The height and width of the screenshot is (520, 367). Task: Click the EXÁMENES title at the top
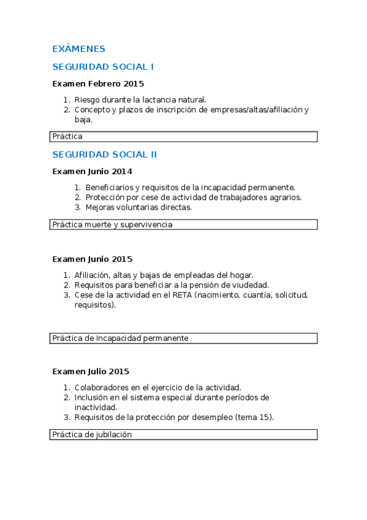pos(78,49)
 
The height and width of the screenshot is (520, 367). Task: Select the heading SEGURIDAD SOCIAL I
pos(103,67)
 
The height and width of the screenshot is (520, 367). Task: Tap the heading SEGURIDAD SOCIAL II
pos(105,155)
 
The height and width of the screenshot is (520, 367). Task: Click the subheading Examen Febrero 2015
pos(98,83)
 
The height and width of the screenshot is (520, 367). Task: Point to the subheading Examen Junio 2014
pos(93,171)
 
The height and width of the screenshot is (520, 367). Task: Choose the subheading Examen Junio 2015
pos(93,259)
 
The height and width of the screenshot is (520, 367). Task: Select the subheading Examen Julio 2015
pos(91,371)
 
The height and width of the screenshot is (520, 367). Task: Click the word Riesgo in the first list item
pos(86,99)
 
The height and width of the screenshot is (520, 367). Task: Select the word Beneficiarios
pos(110,187)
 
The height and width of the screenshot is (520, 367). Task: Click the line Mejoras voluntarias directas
pos(138,207)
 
